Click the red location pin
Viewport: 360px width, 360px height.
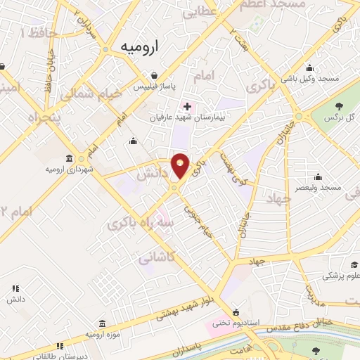coord(181,165)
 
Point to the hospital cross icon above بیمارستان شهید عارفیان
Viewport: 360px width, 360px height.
coord(186,107)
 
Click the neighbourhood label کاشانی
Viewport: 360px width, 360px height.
coord(155,258)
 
